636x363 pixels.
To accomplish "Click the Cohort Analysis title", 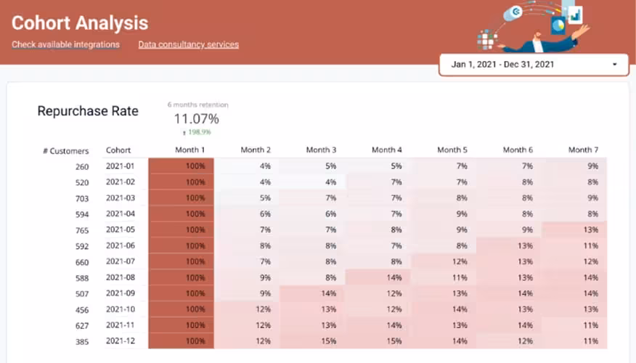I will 80,24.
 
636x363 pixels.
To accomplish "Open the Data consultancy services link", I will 189,45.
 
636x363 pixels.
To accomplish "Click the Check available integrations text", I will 65,45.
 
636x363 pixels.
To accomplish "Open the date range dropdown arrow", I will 615,65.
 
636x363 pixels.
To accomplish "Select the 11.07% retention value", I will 196,118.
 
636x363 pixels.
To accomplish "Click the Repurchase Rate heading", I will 88,111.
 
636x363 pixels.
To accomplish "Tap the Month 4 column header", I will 387,150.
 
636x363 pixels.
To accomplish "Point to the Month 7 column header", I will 583,150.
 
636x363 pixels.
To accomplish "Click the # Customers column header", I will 65,151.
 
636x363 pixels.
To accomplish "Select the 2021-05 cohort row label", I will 121,229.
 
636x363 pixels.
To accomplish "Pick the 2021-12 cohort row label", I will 121,340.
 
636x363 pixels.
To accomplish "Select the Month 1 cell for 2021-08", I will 182,277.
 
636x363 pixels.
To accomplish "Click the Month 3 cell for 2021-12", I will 312,340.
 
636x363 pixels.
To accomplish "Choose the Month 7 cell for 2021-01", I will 574,166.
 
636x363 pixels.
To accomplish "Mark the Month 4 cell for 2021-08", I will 378,277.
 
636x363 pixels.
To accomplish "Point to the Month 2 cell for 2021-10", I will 247,309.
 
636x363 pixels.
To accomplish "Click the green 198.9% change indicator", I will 196,133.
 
